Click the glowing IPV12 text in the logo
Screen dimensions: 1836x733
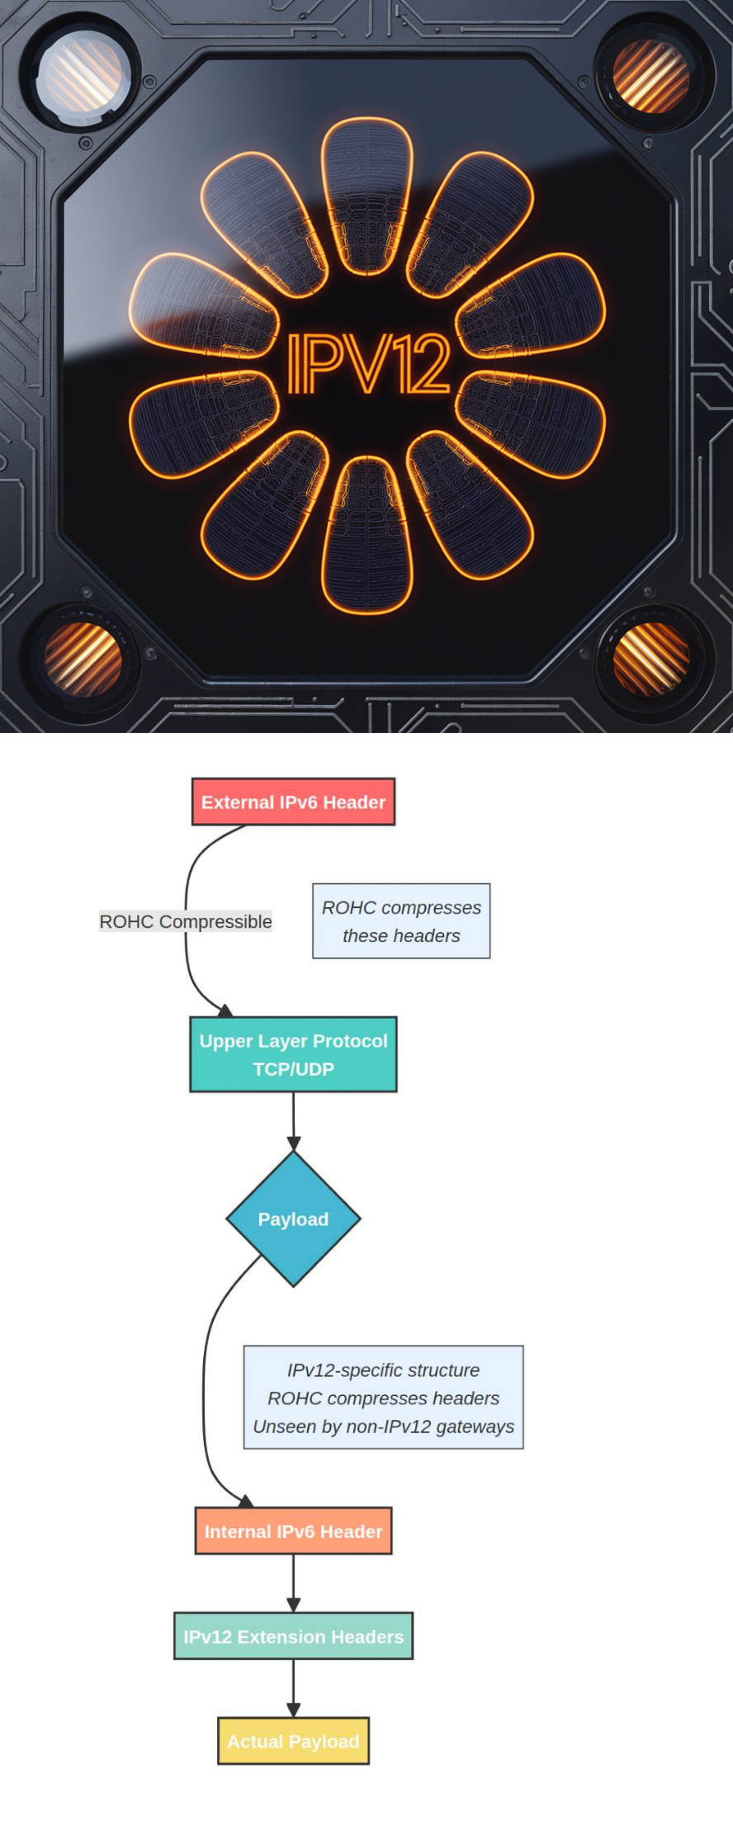[368, 364]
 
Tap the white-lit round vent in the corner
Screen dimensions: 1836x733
[83, 76]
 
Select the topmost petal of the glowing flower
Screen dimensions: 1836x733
[366, 196]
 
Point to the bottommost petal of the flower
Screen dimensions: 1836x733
[366, 535]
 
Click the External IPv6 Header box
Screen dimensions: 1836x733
[293, 802]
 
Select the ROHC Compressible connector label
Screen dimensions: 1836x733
[186, 921]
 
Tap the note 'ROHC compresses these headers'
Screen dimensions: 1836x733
[401, 921]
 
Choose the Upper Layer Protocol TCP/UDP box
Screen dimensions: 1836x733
[293, 1054]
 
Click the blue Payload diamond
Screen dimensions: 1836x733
[293, 1218]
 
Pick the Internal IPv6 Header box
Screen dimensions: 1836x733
[293, 1531]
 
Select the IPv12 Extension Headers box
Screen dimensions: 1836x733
[293, 1636]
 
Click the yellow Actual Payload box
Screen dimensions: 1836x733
[293, 1741]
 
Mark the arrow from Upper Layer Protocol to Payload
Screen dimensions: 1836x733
[293, 1121]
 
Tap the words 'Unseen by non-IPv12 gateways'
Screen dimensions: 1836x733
[383, 1427]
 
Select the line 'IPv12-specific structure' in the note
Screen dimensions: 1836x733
[383, 1370]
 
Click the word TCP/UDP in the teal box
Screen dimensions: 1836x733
[293, 1069]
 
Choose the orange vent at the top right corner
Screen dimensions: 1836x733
[650, 76]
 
